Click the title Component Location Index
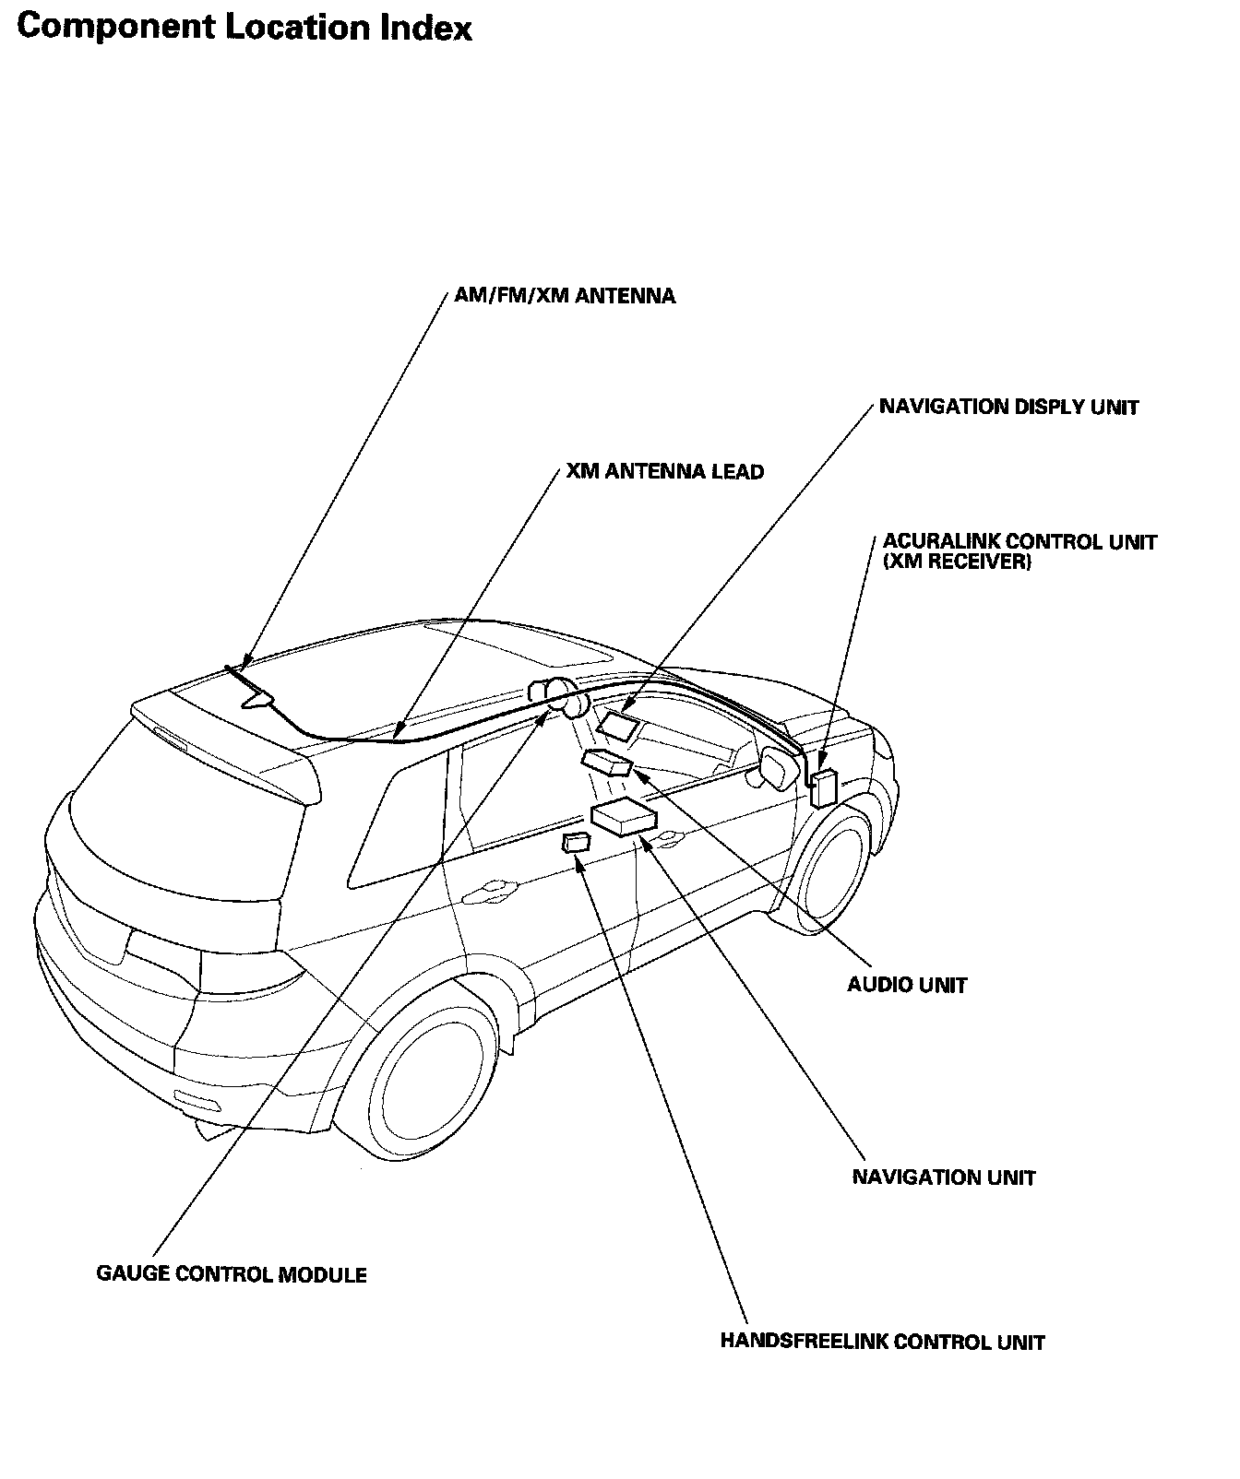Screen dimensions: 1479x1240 (244, 28)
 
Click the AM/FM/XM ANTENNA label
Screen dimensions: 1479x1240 (565, 296)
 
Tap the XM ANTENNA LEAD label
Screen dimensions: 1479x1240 (664, 472)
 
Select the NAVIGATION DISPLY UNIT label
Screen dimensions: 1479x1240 (1008, 407)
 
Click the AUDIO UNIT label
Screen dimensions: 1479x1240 (907, 985)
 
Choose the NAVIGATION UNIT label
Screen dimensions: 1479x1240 (944, 1177)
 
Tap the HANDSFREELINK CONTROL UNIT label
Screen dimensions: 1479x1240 (882, 1342)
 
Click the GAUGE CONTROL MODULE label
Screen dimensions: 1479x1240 (232, 1274)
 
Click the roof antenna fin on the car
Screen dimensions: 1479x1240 (258, 698)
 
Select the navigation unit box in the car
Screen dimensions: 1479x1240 (624, 818)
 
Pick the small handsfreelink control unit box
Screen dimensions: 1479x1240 (576, 842)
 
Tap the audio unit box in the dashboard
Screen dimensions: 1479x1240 (607, 763)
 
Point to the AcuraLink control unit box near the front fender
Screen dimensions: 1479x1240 (823, 787)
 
